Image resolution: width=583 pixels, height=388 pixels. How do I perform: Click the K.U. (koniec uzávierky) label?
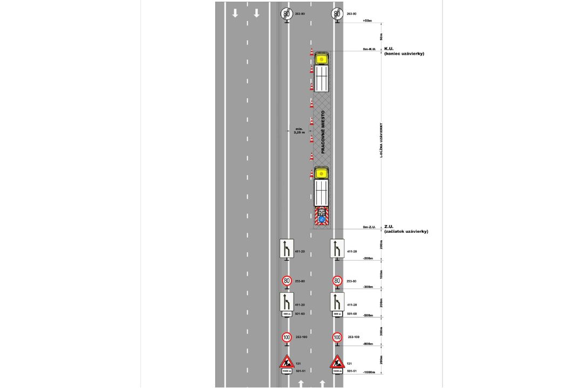click(x=403, y=51)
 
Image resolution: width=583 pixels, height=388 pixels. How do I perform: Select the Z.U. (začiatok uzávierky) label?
click(x=405, y=229)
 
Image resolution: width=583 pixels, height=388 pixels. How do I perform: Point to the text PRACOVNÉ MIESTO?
click(x=323, y=133)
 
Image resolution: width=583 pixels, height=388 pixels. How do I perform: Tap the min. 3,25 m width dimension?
click(x=300, y=130)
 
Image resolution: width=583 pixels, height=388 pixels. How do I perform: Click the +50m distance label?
click(x=368, y=20)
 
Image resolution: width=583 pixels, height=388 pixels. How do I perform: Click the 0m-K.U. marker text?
click(x=369, y=49)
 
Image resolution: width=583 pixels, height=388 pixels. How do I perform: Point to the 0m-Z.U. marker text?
click(x=369, y=227)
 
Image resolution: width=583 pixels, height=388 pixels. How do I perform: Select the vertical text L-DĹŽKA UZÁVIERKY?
click(x=382, y=140)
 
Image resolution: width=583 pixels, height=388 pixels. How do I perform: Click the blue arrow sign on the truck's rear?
click(x=322, y=219)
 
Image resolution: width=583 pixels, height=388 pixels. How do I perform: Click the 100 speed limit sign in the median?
click(x=287, y=337)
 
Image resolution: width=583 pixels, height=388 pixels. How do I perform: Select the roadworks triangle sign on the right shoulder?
click(x=337, y=362)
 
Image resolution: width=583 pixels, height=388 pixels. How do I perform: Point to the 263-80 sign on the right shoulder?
click(x=337, y=14)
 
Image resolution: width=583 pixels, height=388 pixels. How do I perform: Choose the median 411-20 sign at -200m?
click(x=287, y=248)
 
